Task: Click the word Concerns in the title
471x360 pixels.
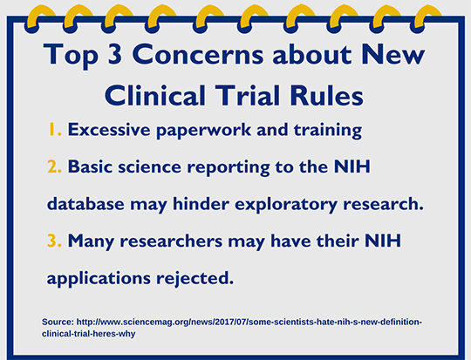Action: click(198, 54)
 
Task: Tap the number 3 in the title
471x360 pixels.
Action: click(115, 54)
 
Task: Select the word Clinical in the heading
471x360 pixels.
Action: click(155, 96)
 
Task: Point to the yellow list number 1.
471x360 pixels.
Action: click(54, 129)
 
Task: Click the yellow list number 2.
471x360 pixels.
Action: click(54, 166)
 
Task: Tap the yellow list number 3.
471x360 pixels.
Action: click(54, 241)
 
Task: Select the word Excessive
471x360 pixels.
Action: click(109, 129)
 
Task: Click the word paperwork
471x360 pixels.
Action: click(203, 131)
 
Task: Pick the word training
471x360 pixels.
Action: click(328, 131)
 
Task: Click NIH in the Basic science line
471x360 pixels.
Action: click(352, 166)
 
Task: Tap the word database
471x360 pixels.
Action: click(85, 204)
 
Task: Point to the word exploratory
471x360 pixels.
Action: click(286, 205)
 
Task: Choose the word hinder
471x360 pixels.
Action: click(201, 204)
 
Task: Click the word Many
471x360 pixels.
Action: click(91, 241)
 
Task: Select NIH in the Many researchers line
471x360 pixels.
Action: click(383, 241)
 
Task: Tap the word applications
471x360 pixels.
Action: click(99, 279)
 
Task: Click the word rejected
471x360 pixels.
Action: click(195, 279)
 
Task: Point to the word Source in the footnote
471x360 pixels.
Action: click(58, 322)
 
